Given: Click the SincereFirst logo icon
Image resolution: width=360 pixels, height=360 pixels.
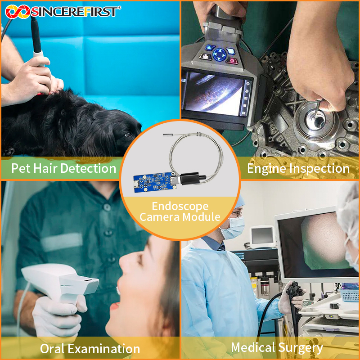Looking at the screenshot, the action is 18,12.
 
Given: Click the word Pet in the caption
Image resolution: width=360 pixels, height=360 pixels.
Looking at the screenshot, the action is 21,168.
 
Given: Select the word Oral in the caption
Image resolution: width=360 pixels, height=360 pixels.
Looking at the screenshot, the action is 52,349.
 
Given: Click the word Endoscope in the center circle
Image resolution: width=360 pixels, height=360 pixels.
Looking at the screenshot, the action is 180,207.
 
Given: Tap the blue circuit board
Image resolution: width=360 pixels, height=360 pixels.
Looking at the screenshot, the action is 153,182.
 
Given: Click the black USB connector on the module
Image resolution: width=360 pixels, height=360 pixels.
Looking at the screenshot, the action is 190,178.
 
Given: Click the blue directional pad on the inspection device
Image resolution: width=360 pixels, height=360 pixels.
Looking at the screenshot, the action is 220,54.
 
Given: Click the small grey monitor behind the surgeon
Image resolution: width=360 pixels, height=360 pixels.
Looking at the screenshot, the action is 262,237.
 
